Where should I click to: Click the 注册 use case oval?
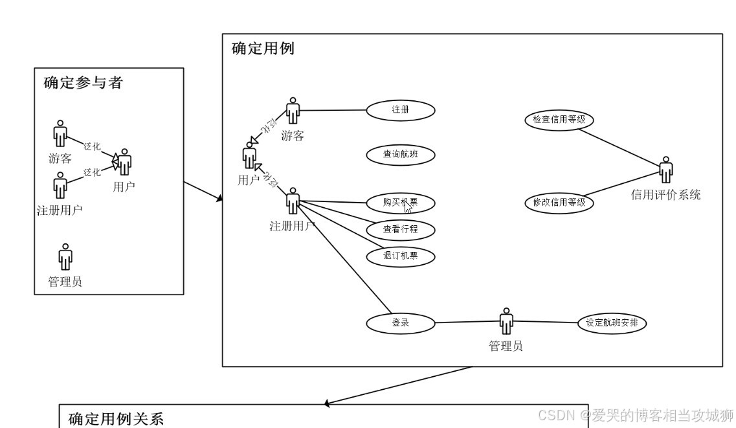401,109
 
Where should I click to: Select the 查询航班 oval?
401,154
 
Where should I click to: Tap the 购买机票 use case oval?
401,203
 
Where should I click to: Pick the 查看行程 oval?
401,229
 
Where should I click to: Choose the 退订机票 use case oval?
401,256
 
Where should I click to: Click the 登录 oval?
401,322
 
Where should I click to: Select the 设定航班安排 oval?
612,322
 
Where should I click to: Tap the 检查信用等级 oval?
559,119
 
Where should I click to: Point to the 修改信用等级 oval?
559,202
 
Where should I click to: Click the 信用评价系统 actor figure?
665,170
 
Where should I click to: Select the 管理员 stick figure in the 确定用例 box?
506,321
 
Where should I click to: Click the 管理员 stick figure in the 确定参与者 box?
65,256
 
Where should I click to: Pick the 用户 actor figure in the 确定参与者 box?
124,161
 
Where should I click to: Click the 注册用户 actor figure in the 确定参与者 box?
60,185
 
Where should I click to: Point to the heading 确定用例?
263,49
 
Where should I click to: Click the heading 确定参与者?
83,83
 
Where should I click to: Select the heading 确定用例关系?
116,418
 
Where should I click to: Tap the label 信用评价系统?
665,195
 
